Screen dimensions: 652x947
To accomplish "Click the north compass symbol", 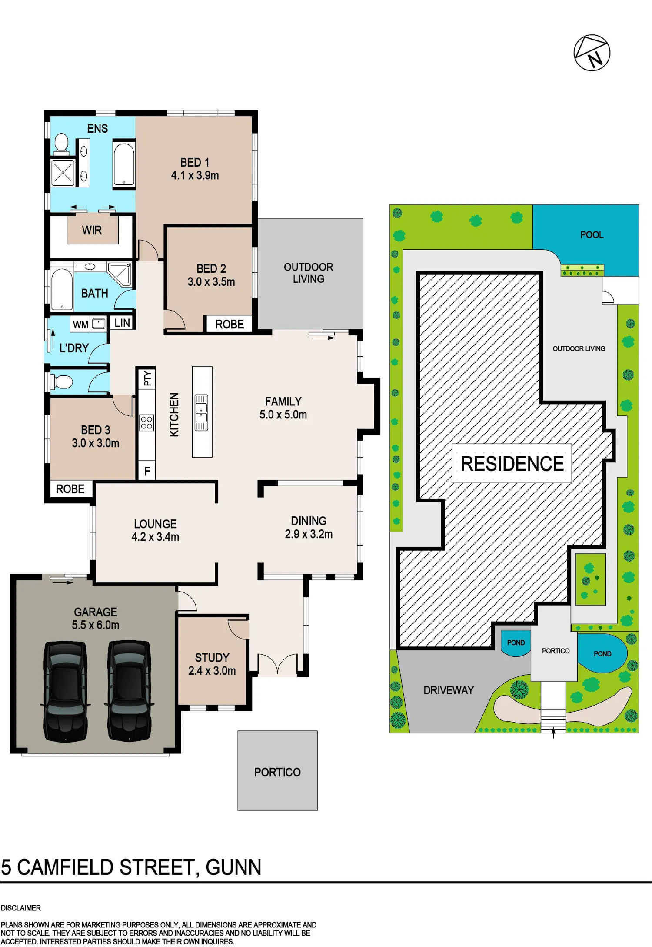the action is click(592, 53).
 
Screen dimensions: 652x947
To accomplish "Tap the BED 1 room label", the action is click(195, 162).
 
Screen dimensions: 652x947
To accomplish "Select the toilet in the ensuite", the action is click(62, 144).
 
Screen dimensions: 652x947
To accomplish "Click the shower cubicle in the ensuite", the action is click(63, 173).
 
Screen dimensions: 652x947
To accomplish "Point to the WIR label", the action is click(92, 230).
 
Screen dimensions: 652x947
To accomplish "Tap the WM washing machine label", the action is click(81, 325).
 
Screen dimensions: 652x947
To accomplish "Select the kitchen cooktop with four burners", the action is click(146, 422).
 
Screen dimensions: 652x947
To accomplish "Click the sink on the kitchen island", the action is click(201, 412).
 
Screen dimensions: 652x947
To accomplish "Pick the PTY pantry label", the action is click(148, 378).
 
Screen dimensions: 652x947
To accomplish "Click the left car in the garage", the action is click(65, 691).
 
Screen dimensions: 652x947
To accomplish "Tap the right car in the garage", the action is click(129, 691).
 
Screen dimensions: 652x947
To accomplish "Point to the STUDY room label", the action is click(212, 657).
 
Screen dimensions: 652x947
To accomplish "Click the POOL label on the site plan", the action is click(592, 235).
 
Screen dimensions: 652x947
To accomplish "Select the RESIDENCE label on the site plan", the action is click(512, 464).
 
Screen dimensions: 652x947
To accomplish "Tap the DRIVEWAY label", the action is click(449, 690).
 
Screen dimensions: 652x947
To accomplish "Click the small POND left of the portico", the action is click(516, 643).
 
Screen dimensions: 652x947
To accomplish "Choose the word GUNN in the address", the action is click(233, 867).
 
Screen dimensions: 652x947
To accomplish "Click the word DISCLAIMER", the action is click(21, 908).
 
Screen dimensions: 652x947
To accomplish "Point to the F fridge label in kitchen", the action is click(147, 471).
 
